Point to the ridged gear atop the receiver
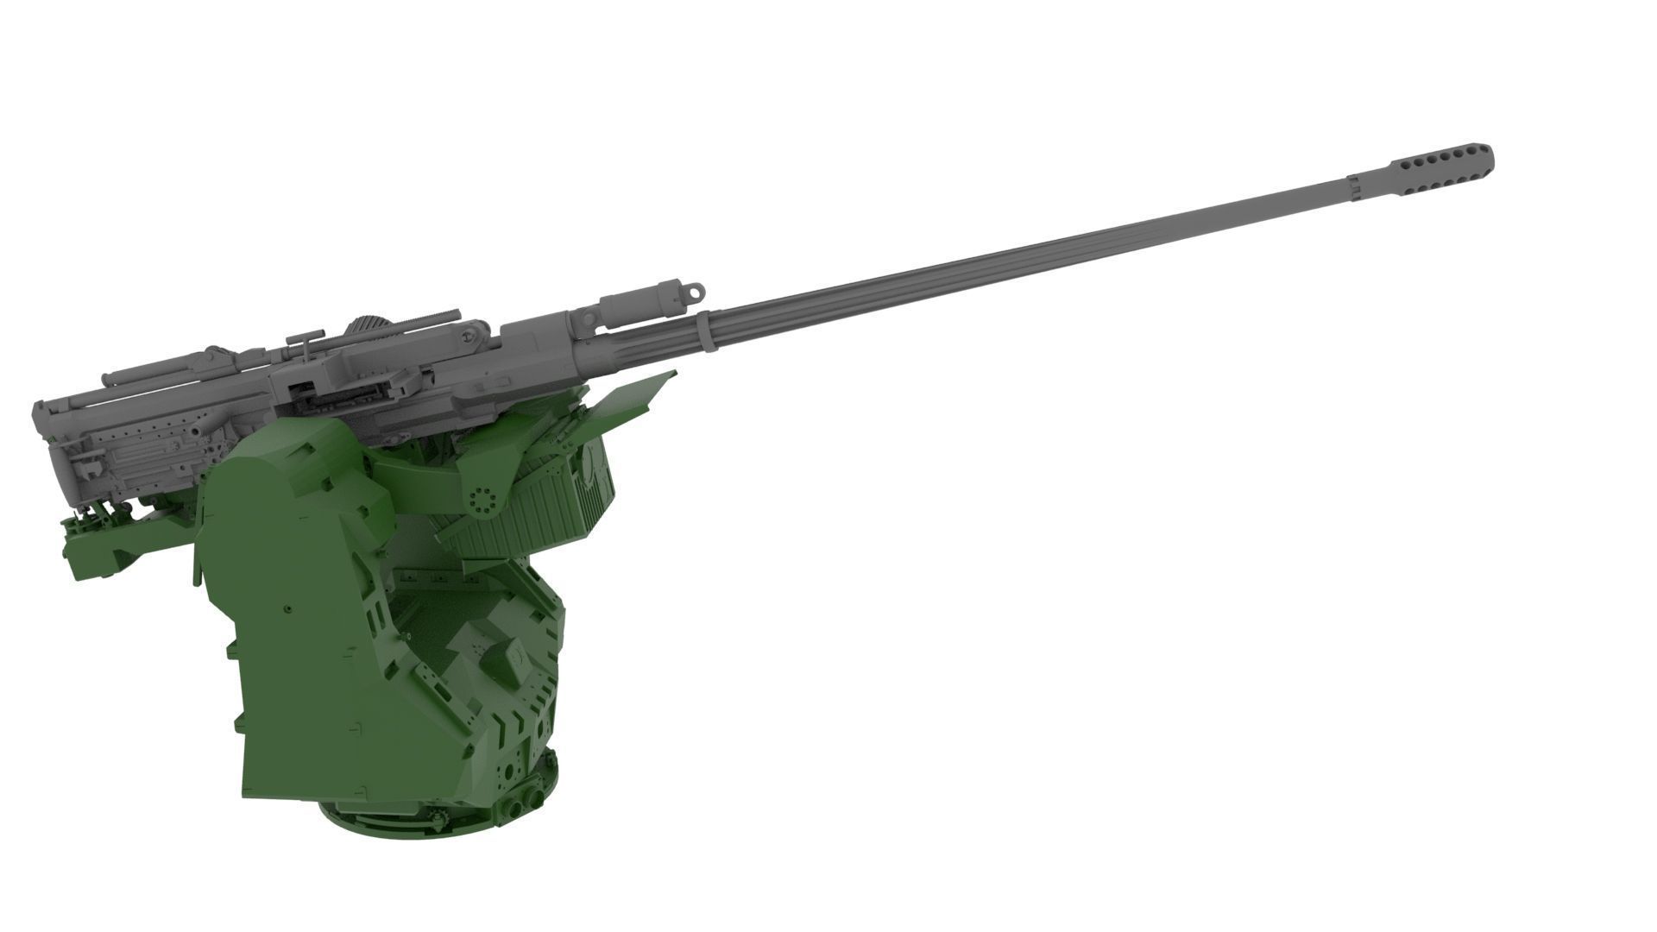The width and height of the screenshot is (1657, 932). (368, 328)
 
